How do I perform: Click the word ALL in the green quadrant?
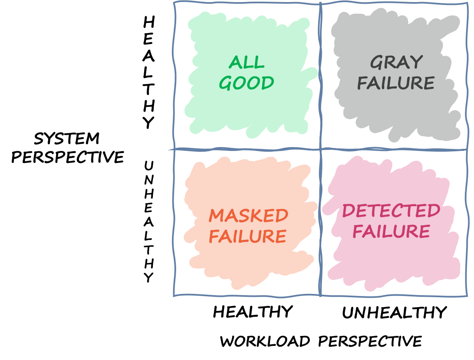point(247,63)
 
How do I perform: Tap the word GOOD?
point(246,83)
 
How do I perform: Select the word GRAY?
point(390,63)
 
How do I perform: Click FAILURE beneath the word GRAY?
point(395,83)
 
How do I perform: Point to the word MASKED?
point(248,216)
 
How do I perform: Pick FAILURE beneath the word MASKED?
point(248,237)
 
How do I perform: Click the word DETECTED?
point(391,211)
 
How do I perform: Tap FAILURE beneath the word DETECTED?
point(391,232)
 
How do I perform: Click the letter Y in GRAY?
point(417,63)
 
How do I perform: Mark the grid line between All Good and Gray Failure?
point(320,75)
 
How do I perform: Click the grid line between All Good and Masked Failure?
point(247,149)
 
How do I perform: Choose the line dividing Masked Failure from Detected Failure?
point(320,222)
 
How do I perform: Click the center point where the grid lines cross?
point(320,149)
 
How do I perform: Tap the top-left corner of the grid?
point(174,2)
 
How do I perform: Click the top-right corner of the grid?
point(467,3)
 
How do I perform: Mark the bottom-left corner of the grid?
point(174,296)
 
